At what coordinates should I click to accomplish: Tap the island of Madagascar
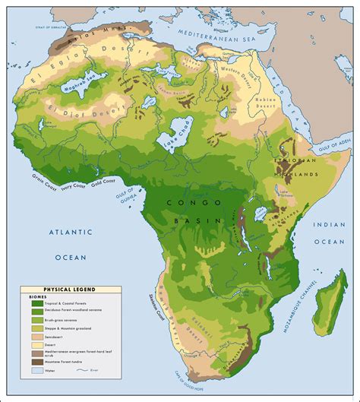pyautogui.click(x=329, y=300)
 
